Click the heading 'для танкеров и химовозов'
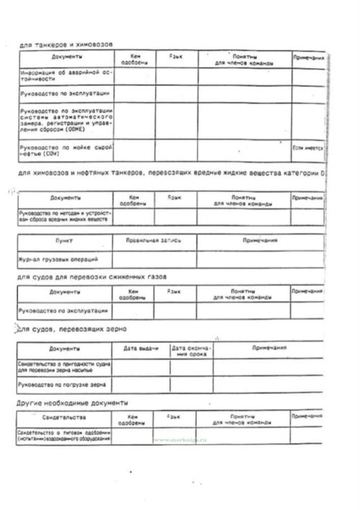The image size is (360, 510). (66, 45)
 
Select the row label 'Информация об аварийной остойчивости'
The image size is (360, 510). (66, 76)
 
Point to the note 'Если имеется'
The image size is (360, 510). (308, 148)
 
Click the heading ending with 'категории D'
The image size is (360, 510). (171, 173)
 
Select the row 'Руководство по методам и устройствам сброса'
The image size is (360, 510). (65, 216)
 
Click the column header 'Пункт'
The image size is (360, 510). (64, 240)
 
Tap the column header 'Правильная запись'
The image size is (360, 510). (154, 240)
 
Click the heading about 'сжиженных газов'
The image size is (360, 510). (92, 277)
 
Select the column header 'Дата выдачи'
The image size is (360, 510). (141, 348)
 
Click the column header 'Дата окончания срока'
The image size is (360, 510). (191, 351)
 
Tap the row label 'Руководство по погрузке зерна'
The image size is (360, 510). (62, 385)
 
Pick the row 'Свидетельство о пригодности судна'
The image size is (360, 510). (64, 367)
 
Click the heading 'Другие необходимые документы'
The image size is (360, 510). (72, 403)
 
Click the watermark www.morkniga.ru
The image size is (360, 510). (180, 440)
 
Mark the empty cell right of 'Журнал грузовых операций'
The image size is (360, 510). (154, 259)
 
